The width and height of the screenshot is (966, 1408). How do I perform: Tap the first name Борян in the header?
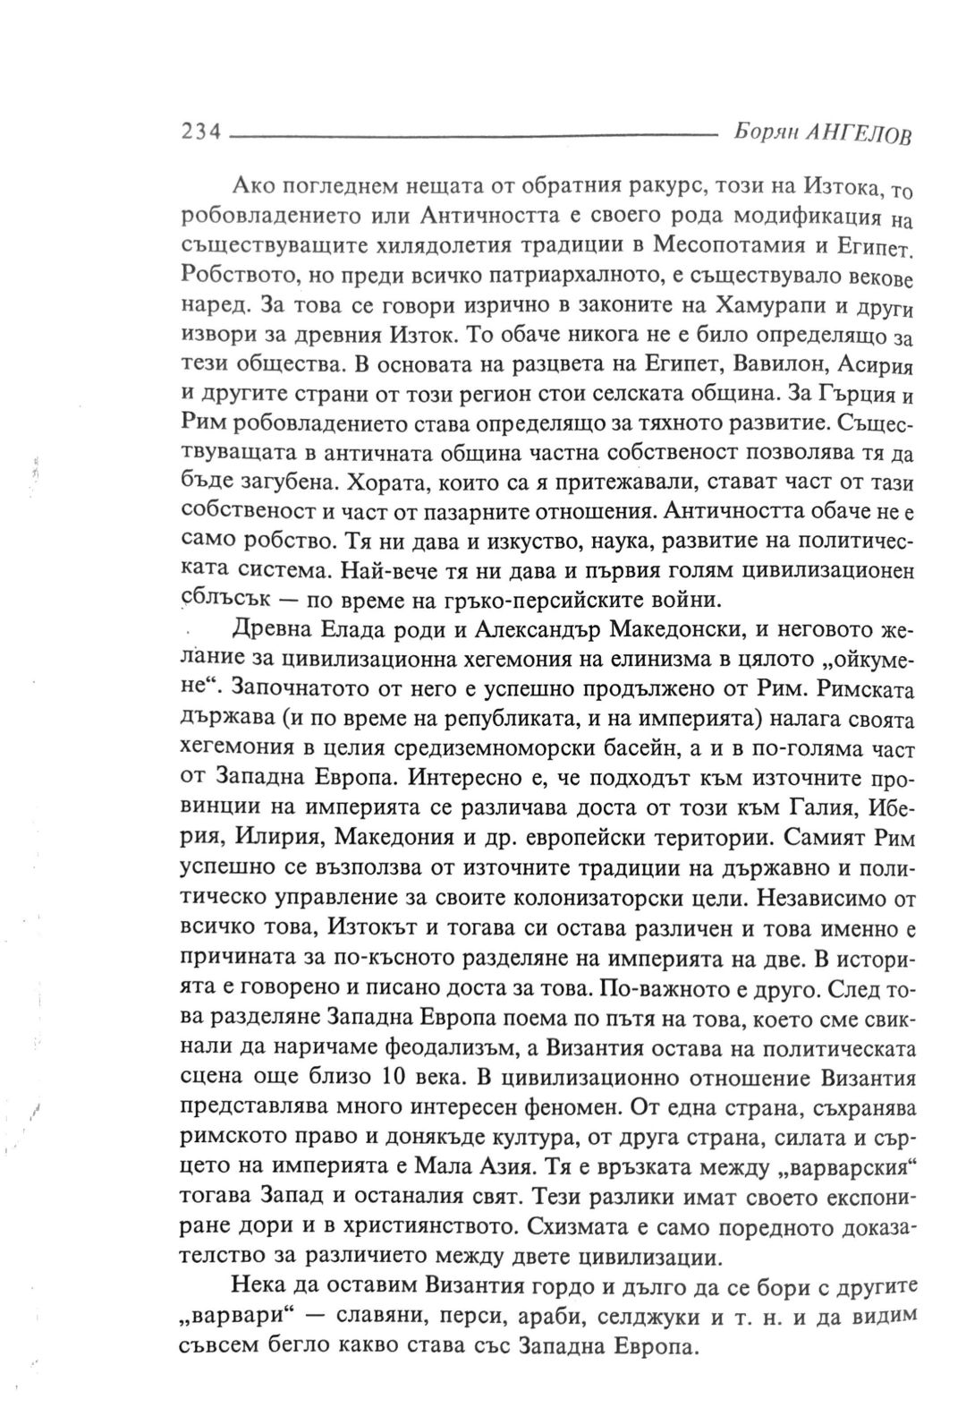click(x=760, y=132)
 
